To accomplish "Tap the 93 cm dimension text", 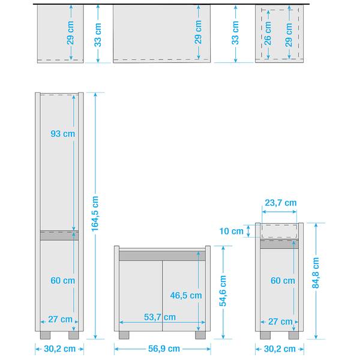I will [63, 134].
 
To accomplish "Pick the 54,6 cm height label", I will [223, 291].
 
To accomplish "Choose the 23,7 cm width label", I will [280, 203].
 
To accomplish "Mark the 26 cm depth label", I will [268, 32].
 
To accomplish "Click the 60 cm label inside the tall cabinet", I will [63, 280].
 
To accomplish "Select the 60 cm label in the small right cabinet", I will [283, 280].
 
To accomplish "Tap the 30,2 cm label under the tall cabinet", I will [59, 349].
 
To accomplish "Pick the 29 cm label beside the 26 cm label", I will [289, 32].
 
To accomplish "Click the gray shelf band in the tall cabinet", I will [59, 235].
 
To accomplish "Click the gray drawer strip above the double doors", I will [162, 255].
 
